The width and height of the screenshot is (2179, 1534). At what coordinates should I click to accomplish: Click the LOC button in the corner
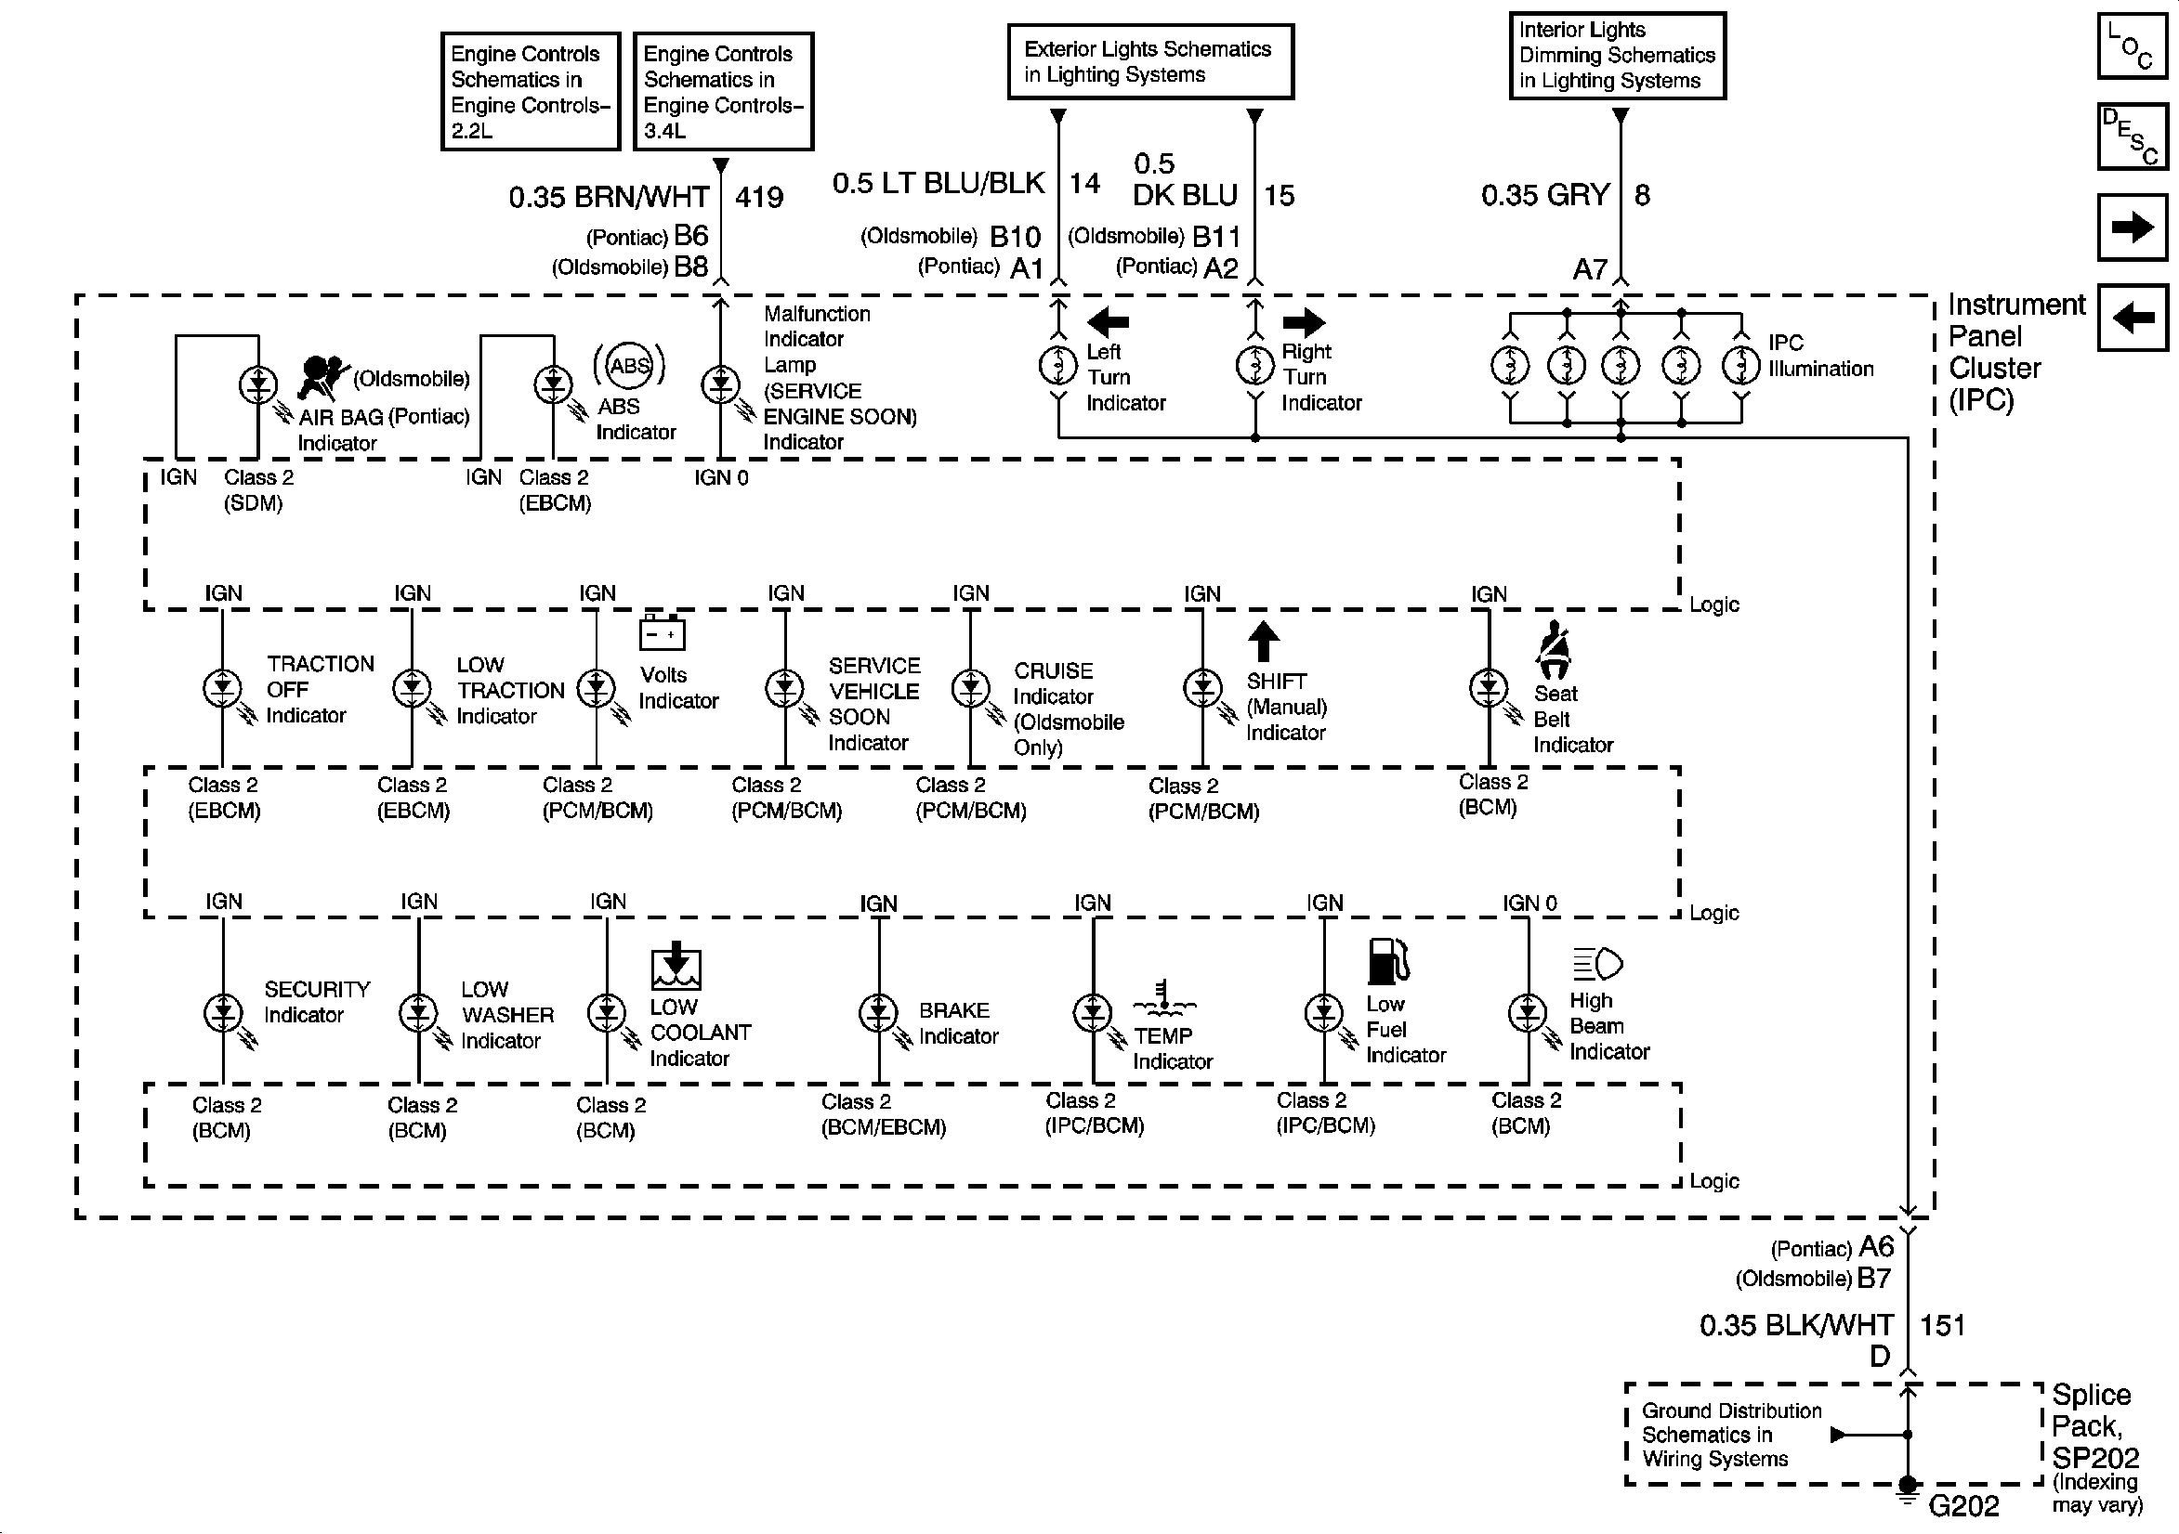point(2132,45)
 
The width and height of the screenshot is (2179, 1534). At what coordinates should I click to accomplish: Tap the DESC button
point(2132,136)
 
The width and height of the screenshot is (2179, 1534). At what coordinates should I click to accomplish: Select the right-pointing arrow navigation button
point(2132,227)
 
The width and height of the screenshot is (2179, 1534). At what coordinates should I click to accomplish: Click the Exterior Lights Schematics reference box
point(1149,61)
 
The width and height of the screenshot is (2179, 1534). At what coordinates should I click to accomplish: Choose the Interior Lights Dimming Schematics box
point(1616,55)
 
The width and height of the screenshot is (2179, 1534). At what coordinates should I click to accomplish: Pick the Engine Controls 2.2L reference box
point(530,91)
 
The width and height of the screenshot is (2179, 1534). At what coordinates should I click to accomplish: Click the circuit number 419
point(759,198)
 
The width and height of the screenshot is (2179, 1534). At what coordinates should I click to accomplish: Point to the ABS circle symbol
point(629,366)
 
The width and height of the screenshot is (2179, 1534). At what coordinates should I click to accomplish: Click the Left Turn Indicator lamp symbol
point(1057,364)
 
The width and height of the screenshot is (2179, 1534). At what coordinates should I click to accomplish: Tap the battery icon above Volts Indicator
point(662,632)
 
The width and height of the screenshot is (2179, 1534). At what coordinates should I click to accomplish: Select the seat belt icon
point(1554,650)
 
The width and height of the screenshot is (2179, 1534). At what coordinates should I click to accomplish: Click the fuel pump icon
point(1387,961)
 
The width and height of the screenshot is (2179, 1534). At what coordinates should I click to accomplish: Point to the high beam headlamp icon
point(1598,964)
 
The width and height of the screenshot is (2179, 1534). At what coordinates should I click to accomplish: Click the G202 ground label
point(1962,1505)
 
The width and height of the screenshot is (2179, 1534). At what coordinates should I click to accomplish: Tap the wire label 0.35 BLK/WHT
point(1795,1325)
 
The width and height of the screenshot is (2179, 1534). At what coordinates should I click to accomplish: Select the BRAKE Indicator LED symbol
point(878,1013)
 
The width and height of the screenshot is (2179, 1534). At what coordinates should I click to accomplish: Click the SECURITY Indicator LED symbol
point(223,1013)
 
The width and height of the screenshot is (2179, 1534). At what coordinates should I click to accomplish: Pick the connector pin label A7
point(1590,269)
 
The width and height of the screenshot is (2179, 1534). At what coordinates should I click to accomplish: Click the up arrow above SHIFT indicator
point(1263,642)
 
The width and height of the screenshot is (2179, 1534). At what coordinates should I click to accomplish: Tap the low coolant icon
point(675,967)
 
